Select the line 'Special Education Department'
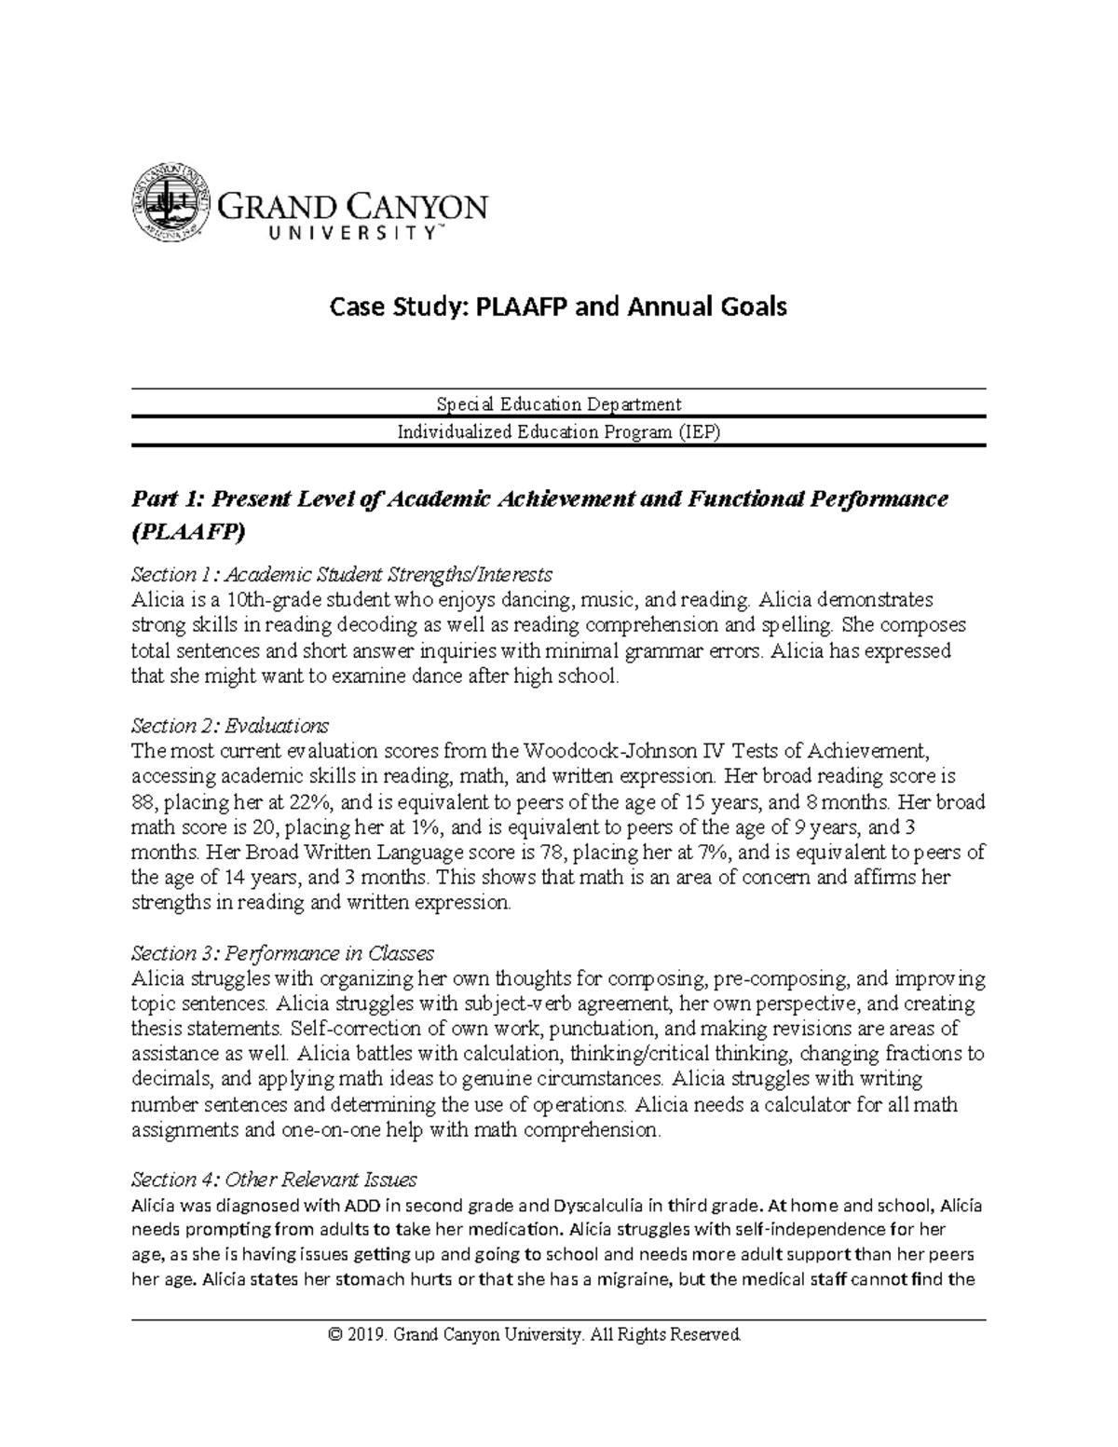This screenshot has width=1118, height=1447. click(x=558, y=403)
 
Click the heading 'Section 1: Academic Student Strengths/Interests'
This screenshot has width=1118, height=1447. click(x=342, y=573)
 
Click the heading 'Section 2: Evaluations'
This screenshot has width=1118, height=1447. click(x=230, y=725)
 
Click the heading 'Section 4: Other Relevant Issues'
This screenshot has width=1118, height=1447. click(x=274, y=1180)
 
